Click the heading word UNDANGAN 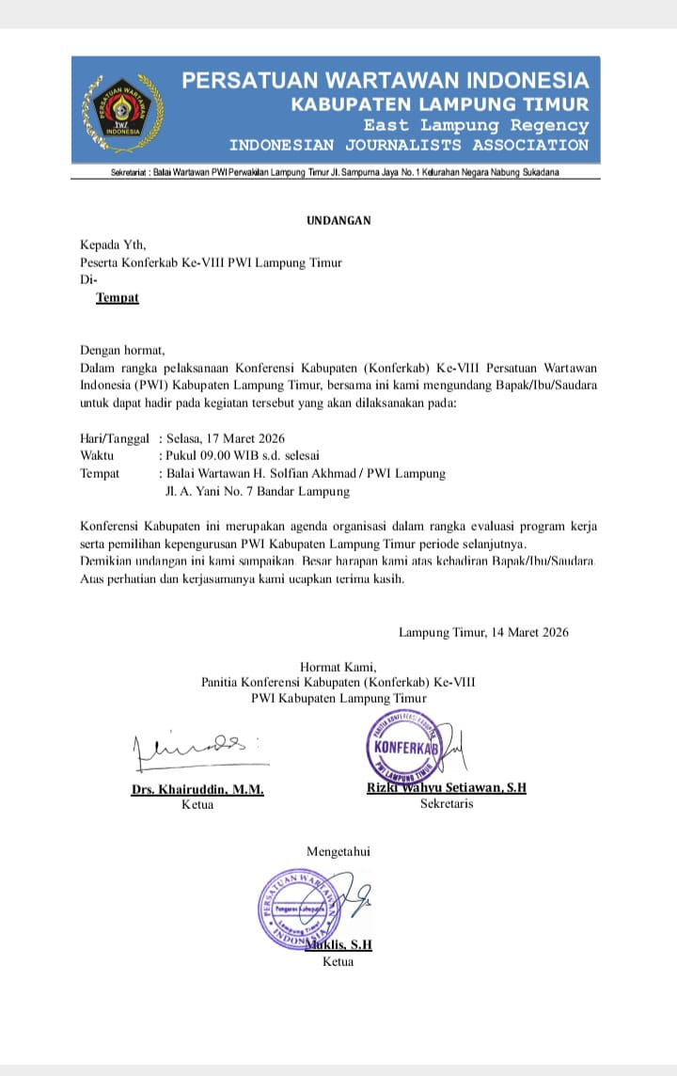coord(338,221)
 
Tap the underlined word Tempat coord(118,298)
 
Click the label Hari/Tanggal coord(115,438)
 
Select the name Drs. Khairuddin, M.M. coord(197,790)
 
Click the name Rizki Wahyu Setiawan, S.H coord(447,788)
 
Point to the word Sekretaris coord(447,804)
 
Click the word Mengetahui coord(338,852)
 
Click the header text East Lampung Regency coord(477,125)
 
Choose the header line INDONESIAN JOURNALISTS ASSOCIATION coord(409,146)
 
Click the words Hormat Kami coord(338,667)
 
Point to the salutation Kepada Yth coord(114,245)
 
